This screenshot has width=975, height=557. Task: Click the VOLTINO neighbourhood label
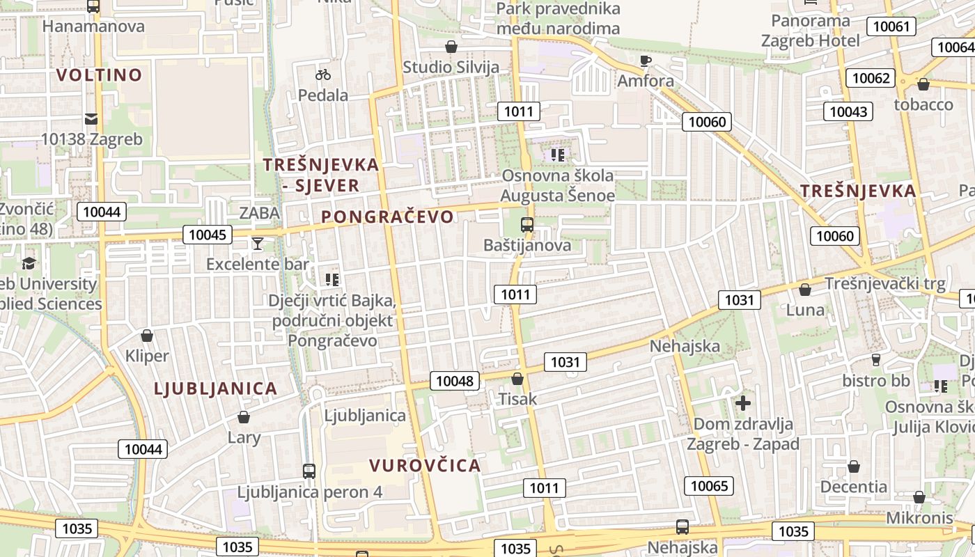tap(99, 74)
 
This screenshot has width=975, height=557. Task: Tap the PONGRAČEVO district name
tap(387, 217)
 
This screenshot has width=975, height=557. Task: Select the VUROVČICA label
tap(425, 465)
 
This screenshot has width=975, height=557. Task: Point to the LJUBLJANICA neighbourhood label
tap(215, 389)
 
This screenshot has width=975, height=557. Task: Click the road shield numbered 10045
tap(208, 235)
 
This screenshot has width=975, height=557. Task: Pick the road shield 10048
tap(455, 381)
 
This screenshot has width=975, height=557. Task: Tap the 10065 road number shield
tap(709, 485)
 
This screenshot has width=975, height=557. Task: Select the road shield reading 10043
tap(848, 111)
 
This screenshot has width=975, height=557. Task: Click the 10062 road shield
tap(871, 78)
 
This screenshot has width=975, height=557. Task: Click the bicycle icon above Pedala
tap(323, 74)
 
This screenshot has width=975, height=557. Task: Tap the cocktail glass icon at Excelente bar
tap(258, 243)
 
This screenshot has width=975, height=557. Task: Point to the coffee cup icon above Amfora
tap(646, 61)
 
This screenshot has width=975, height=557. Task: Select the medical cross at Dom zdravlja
tap(743, 402)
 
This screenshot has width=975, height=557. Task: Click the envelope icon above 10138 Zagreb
tap(91, 118)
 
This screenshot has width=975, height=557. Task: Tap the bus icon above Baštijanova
tap(527, 225)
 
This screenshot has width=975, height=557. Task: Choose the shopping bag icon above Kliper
tap(147, 336)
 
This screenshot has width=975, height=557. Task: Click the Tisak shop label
tap(517, 399)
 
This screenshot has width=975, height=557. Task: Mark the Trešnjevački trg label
tap(884, 283)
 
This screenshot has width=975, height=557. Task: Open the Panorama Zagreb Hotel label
tap(811, 30)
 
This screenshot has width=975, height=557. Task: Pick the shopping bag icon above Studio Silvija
tap(451, 47)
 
